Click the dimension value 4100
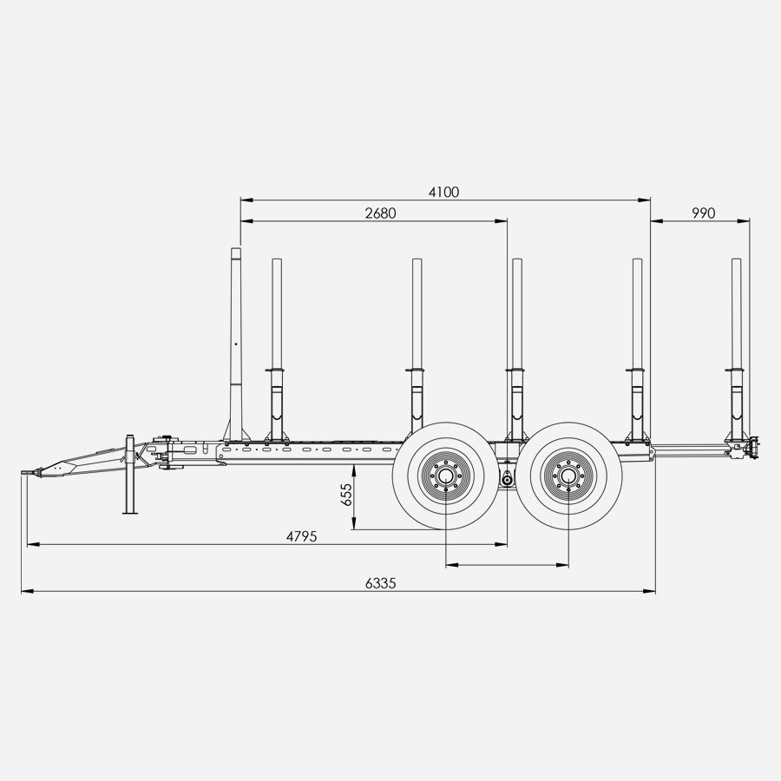point(443,193)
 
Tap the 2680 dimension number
point(381,213)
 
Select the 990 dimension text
point(703,213)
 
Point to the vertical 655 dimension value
point(346,494)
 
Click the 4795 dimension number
point(301,536)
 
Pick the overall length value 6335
point(381,583)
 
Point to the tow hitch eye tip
point(23,472)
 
